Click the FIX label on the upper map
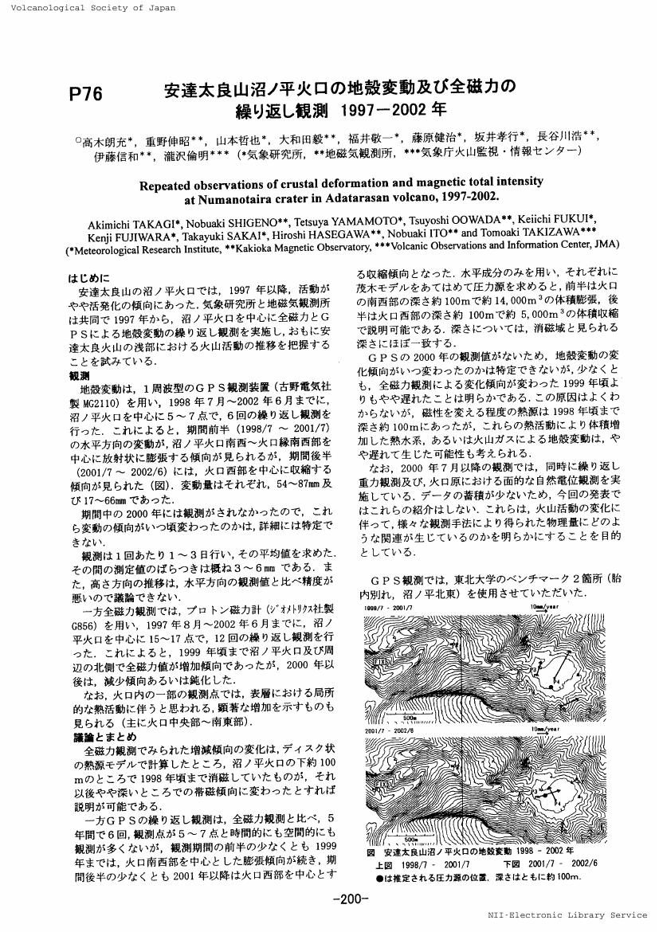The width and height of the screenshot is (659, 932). click(x=379, y=660)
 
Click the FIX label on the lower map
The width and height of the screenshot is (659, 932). click(x=379, y=784)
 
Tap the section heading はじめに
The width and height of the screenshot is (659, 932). click(x=88, y=280)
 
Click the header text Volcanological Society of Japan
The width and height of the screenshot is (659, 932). click(x=88, y=7)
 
